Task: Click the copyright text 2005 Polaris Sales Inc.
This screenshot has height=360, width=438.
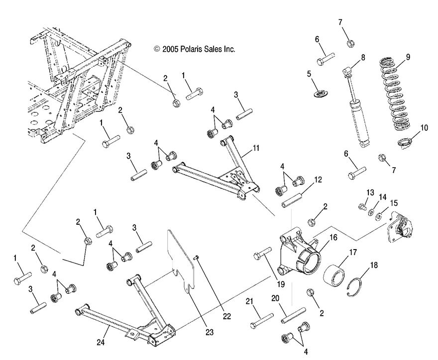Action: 195,49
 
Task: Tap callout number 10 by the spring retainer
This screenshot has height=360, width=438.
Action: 424,127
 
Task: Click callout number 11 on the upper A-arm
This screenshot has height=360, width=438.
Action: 256,148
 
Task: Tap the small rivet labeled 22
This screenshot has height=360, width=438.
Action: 197,257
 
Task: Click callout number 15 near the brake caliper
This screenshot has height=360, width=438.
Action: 394,203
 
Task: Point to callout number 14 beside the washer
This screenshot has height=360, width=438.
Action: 382,197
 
